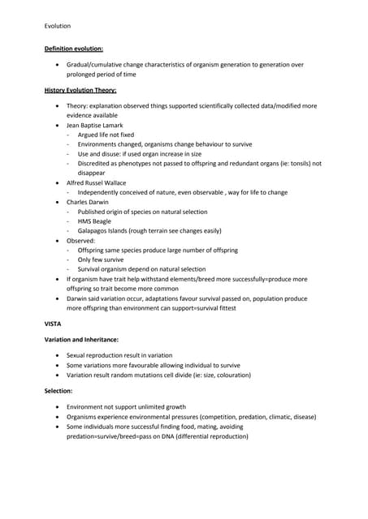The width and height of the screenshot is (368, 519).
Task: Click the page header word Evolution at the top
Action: pyautogui.click(x=58, y=26)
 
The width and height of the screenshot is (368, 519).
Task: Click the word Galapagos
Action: pyautogui.click(x=95, y=230)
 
